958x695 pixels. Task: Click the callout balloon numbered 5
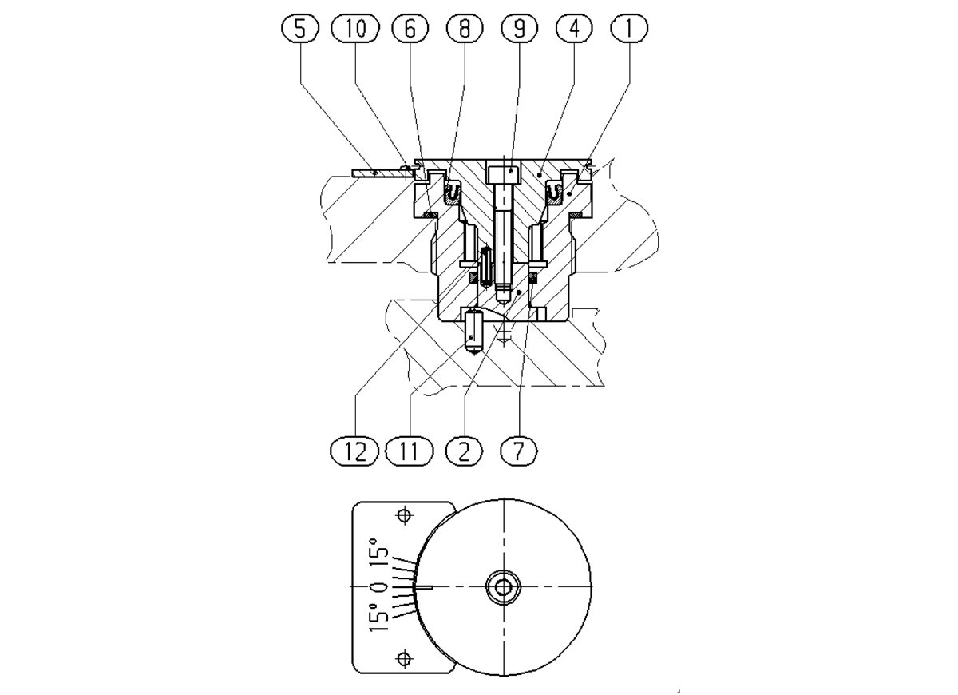click(300, 29)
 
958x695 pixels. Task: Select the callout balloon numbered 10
click(355, 29)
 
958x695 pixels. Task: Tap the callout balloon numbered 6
click(410, 29)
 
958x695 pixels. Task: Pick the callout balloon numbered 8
click(465, 29)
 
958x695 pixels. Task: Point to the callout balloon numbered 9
click(519, 29)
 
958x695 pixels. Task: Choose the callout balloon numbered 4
click(574, 29)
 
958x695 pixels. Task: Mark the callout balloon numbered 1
click(629, 29)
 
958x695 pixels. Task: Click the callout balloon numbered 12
click(354, 451)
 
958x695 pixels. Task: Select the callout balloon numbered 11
click(410, 451)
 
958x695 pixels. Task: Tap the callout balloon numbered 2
click(464, 451)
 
